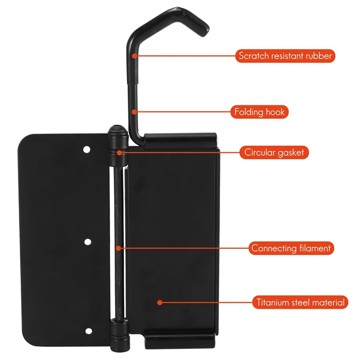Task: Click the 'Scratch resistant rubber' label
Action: tap(285, 56)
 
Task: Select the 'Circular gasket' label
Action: tap(274, 153)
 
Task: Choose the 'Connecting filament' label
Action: tap(292, 248)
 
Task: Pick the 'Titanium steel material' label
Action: tap(300, 302)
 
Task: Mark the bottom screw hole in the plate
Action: tap(88, 332)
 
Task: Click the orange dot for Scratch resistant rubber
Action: tap(135, 56)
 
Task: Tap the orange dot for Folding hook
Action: tap(134, 112)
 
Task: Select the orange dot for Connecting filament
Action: tap(117, 248)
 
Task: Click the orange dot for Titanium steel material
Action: tap(158, 302)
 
